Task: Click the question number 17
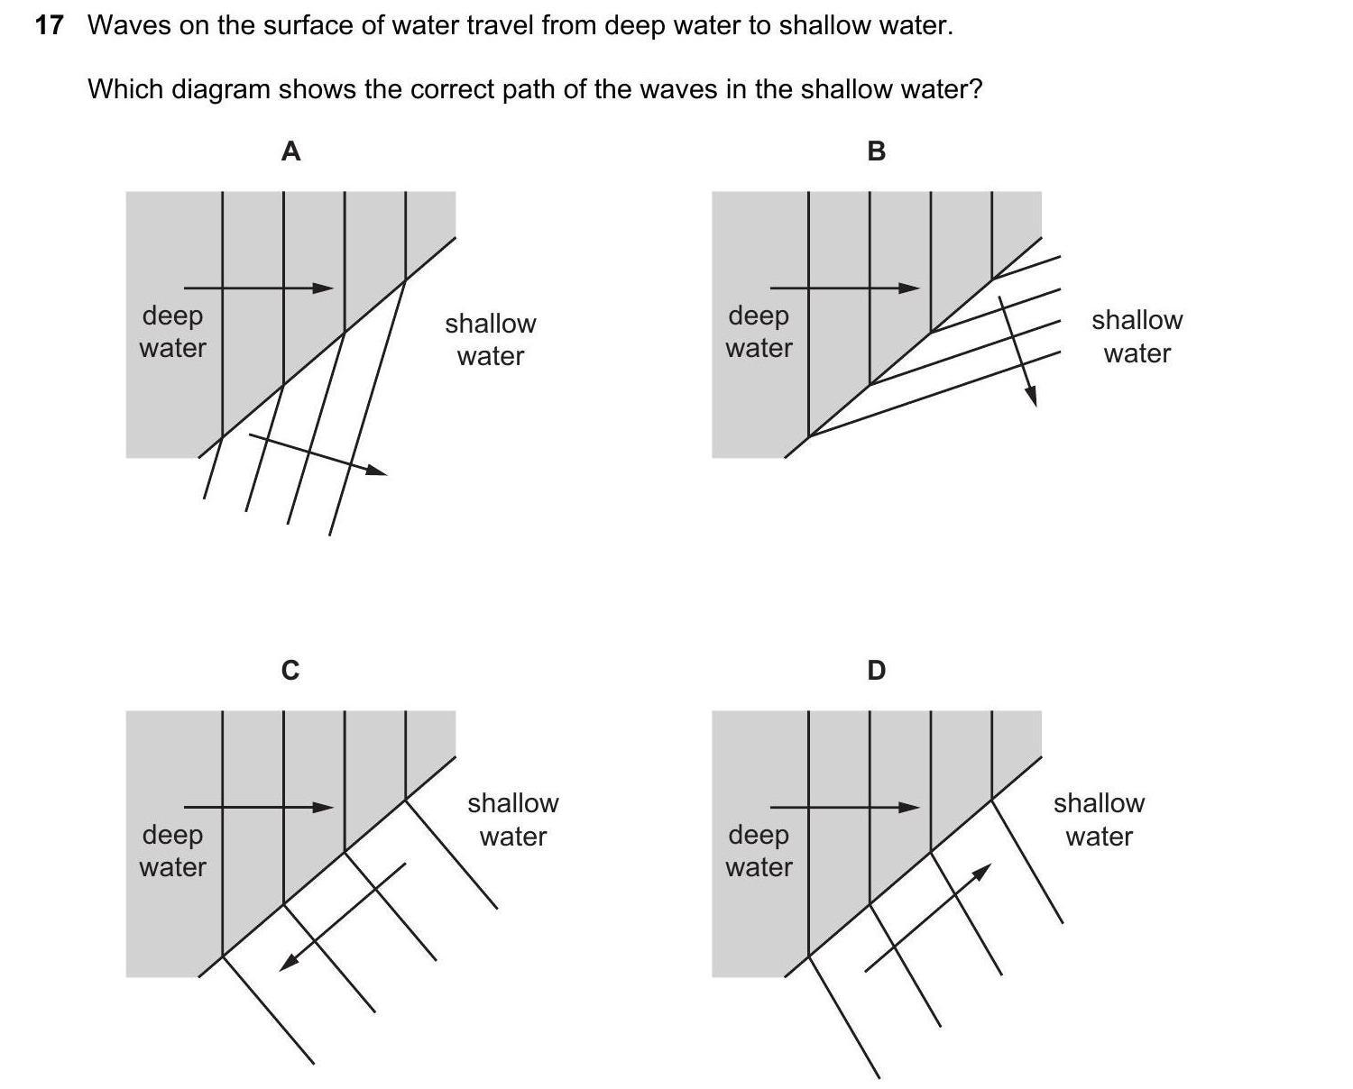tap(50, 25)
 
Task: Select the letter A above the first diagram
tap(290, 151)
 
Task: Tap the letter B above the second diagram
tap(876, 151)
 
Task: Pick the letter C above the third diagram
tap(290, 671)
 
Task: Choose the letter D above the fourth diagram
tap(876, 671)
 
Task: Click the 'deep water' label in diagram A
tap(172, 332)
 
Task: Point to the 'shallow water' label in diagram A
tap(491, 340)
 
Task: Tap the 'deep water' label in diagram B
tap(759, 332)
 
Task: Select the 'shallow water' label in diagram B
tap(1137, 336)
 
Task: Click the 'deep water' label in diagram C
tap(172, 851)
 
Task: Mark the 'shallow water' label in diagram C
tap(513, 819)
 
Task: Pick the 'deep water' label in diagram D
tap(759, 851)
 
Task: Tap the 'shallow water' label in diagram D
tap(1099, 819)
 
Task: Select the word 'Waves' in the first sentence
tap(129, 25)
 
